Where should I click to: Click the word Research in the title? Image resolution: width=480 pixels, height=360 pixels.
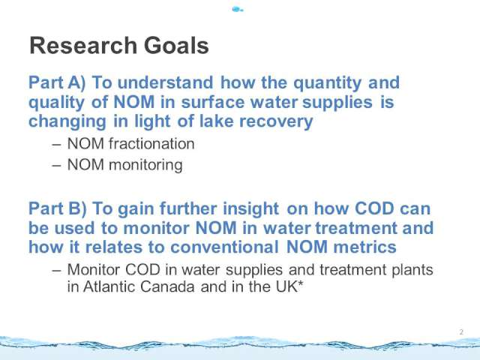[83, 46]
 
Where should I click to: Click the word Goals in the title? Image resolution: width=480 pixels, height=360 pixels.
[176, 46]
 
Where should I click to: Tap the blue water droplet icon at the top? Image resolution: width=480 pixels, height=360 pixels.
[237, 10]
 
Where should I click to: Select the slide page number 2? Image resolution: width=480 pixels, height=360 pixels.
[461, 331]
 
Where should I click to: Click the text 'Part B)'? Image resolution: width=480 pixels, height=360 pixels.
[58, 208]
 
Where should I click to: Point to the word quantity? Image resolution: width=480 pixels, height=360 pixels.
[328, 83]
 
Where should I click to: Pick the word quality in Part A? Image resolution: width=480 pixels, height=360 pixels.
[56, 103]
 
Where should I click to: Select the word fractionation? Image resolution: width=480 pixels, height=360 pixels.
[151, 143]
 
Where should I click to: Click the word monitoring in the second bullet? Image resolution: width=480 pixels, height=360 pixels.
[145, 165]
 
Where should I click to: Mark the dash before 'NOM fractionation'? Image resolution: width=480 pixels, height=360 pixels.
[57, 145]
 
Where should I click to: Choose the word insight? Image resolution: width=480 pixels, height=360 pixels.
[250, 209]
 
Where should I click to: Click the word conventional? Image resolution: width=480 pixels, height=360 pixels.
[224, 247]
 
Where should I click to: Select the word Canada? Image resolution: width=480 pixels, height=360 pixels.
[167, 286]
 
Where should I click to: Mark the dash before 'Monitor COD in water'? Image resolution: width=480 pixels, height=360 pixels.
[57, 271]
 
